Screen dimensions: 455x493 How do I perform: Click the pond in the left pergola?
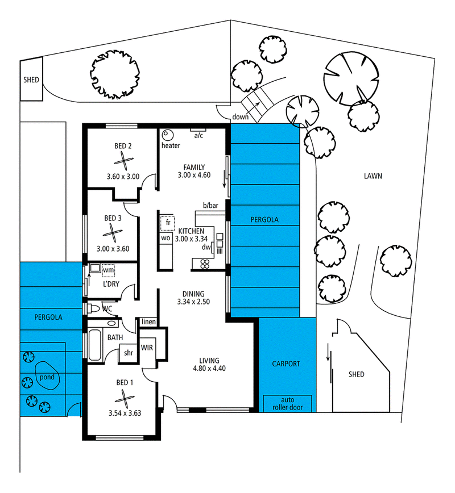tap(47, 376)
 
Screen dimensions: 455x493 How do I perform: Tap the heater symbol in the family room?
tap(168, 136)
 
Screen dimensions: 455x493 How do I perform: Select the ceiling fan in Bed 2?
tap(124, 161)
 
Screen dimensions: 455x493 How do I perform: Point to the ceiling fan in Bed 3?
tap(113, 233)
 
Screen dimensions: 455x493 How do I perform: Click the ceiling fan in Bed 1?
tap(125, 399)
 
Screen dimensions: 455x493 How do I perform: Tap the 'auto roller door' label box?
tap(287, 403)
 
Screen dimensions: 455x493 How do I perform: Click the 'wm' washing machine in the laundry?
tap(108, 270)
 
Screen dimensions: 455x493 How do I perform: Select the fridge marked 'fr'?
tap(168, 223)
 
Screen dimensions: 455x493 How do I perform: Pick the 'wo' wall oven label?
tap(166, 238)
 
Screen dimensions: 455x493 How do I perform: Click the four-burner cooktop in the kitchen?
tap(205, 264)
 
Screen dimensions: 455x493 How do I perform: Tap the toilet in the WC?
tap(94, 308)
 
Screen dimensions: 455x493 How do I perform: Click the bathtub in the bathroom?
tap(94, 345)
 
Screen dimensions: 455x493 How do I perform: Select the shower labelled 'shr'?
tap(129, 353)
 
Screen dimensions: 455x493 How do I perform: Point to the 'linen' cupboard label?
tap(148, 321)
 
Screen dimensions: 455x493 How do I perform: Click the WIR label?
tap(147, 348)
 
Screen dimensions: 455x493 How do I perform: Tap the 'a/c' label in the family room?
tap(198, 136)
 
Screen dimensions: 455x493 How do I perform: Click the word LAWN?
tap(373, 176)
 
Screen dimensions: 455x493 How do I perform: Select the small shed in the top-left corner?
tap(31, 80)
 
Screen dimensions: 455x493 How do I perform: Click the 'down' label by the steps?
tap(240, 117)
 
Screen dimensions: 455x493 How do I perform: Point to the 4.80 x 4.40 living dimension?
tap(209, 368)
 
